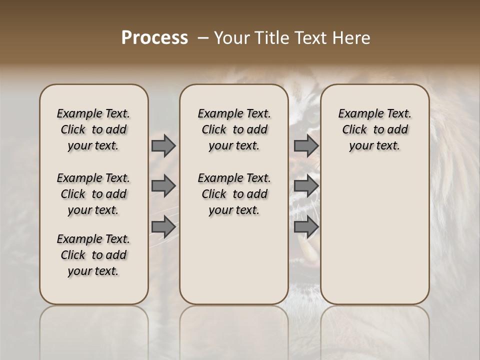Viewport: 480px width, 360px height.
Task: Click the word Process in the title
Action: click(x=154, y=38)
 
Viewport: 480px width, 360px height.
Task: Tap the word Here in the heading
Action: click(x=353, y=38)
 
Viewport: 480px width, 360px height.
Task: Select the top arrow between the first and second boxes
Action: click(x=163, y=145)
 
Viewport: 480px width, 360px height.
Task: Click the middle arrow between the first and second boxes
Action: click(x=163, y=186)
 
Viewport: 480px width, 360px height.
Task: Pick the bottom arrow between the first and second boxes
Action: click(x=163, y=226)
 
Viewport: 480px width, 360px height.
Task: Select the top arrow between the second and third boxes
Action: click(x=306, y=145)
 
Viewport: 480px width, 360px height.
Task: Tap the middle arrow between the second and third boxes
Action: click(x=306, y=186)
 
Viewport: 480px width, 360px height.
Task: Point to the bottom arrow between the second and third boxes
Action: click(x=306, y=226)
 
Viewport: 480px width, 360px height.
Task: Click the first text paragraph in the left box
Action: click(x=93, y=129)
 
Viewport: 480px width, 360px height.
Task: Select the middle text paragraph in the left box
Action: click(x=93, y=194)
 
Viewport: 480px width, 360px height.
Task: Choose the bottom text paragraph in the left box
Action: click(x=93, y=255)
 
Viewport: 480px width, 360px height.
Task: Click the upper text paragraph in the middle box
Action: click(x=234, y=129)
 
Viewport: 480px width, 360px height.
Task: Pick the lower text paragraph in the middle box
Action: click(x=234, y=194)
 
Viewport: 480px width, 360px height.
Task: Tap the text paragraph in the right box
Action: click(x=375, y=129)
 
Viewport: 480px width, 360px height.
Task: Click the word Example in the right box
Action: click(x=357, y=114)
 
